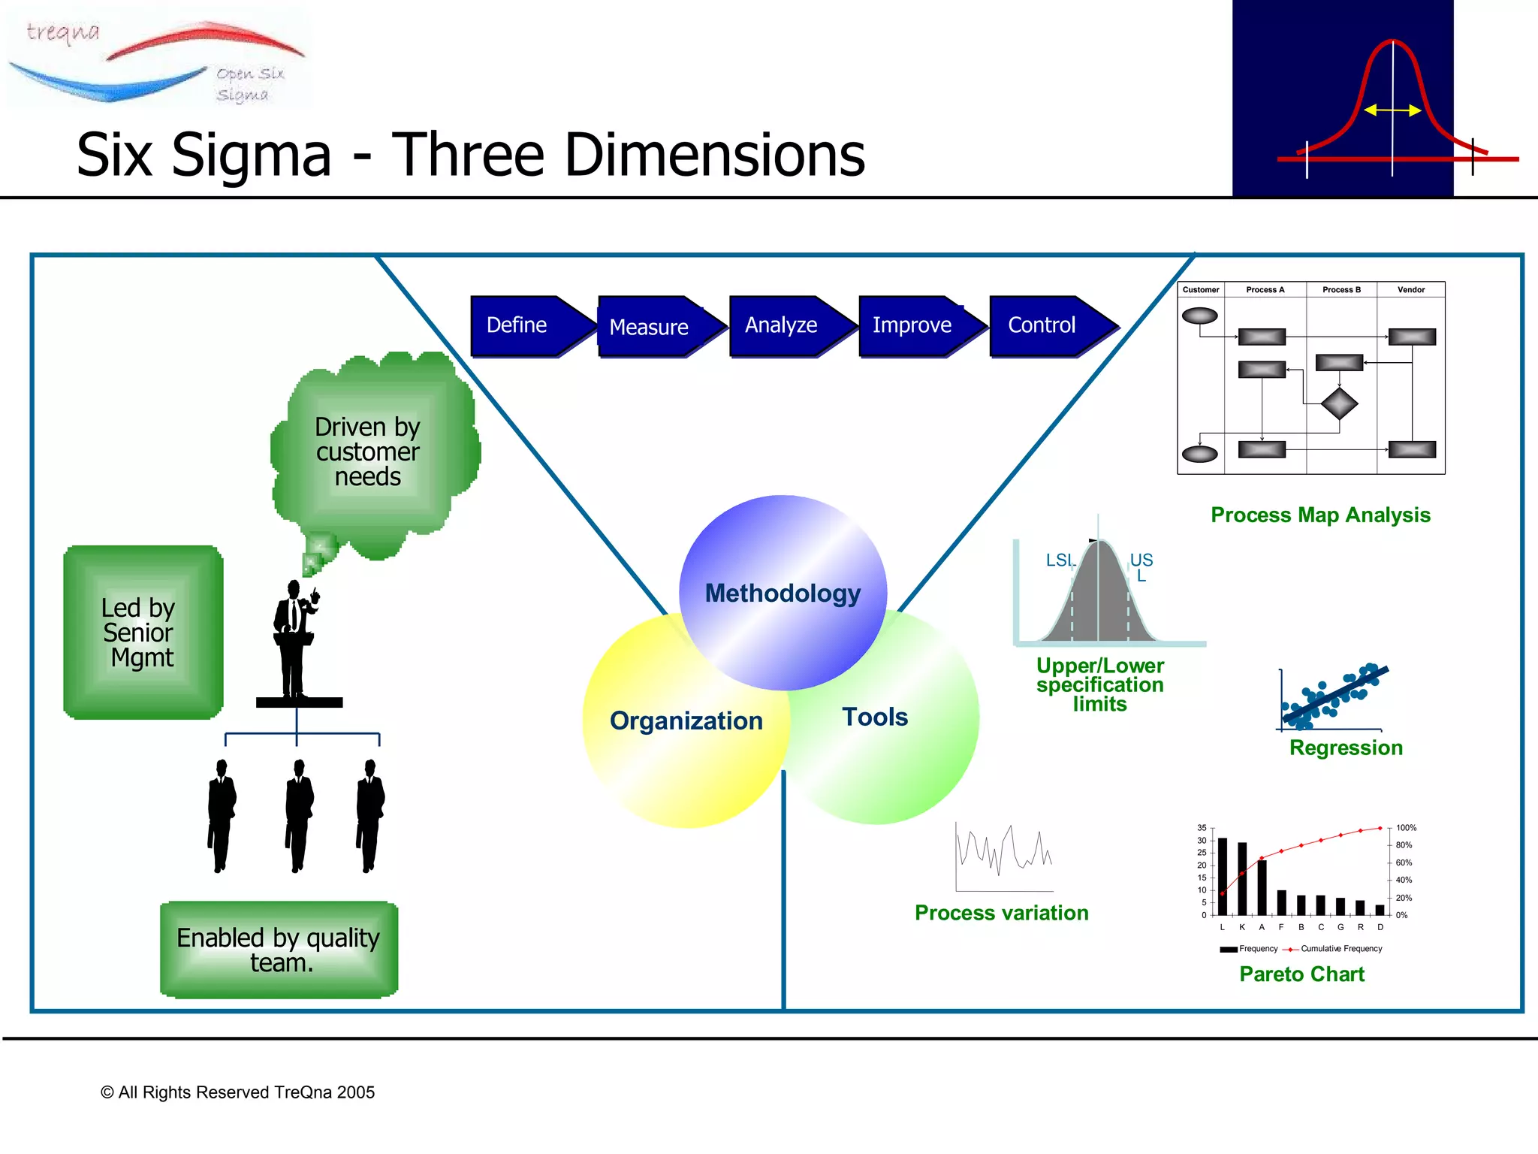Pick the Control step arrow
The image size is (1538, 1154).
click(1048, 325)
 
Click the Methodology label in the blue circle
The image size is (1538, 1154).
click(783, 594)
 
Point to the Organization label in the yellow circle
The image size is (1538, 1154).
click(686, 721)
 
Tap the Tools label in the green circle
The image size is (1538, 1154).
click(875, 717)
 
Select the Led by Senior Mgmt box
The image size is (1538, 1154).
click(143, 633)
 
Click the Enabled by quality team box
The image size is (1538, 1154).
click(279, 950)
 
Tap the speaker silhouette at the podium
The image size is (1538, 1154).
click(295, 639)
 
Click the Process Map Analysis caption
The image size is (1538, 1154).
click(1320, 515)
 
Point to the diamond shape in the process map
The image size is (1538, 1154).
click(1339, 404)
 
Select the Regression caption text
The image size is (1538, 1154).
click(1346, 748)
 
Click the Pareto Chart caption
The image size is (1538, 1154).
click(1301, 974)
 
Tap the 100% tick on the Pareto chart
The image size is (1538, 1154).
click(1406, 828)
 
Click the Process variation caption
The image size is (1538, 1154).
click(1001, 913)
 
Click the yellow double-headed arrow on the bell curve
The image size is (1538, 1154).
click(1392, 110)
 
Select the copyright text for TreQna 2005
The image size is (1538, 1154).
click(237, 1092)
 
